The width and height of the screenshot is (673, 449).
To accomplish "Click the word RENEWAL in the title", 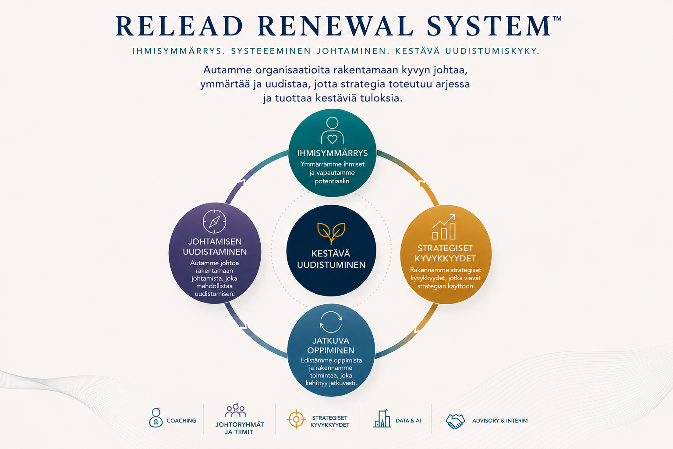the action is pyautogui.click(x=335, y=26).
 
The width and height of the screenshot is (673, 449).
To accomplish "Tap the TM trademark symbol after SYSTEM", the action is pyautogui.click(x=557, y=18).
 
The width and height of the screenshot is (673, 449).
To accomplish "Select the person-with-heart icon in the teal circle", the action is pyautogui.click(x=332, y=131).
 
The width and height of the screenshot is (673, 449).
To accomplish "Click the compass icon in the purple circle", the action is pyautogui.click(x=215, y=221).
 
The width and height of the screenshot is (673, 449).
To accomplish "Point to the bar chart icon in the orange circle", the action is pyautogui.click(x=444, y=227).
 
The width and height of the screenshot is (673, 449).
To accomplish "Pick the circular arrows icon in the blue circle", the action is pyautogui.click(x=331, y=322).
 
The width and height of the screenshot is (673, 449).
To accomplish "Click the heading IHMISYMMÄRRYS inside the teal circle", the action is pyautogui.click(x=332, y=153).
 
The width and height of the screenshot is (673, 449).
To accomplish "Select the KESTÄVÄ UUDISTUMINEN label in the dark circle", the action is pyautogui.click(x=331, y=259).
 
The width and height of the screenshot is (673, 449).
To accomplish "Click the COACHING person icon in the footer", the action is pyautogui.click(x=156, y=418).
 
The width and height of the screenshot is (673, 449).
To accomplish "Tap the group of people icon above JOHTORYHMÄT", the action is pyautogui.click(x=236, y=410).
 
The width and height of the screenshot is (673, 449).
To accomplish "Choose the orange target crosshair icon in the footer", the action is pyautogui.click(x=296, y=419).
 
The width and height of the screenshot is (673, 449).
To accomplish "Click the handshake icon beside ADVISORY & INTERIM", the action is pyautogui.click(x=455, y=421).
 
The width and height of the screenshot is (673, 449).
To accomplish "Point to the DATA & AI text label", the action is pyautogui.click(x=408, y=420).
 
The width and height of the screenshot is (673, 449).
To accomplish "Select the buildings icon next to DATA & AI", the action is pyautogui.click(x=382, y=418).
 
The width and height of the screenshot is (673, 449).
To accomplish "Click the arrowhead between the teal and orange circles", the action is pyautogui.click(x=422, y=183).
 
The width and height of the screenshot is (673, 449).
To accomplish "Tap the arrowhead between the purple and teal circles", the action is pyautogui.click(x=242, y=182).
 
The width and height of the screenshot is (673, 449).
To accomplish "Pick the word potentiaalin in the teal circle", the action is pyautogui.click(x=332, y=182).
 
